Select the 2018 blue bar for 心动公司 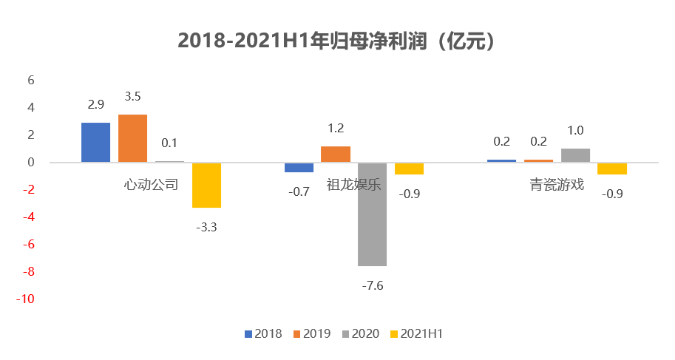95,142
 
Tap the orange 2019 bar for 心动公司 132,138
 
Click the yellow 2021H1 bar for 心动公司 206,185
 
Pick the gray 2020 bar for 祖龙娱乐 372,214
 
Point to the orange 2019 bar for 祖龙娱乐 336,154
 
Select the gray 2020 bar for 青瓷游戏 575,155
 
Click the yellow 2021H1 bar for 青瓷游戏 612,169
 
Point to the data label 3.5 133,96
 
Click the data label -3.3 206,228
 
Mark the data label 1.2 336,128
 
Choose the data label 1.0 575,131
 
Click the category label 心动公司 152,184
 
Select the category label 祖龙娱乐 354,184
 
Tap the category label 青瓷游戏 557,184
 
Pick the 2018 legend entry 263,334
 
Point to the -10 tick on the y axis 27,299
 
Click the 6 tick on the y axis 32,80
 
